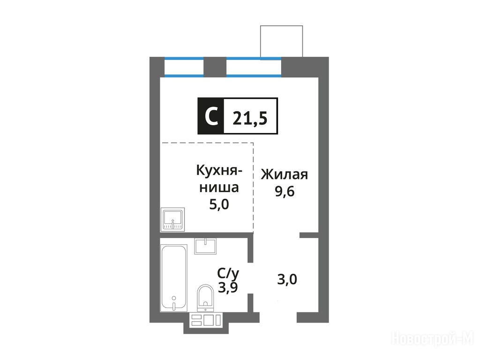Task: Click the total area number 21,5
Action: tap(250, 118)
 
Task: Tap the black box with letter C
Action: tap(211, 116)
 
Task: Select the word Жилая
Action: tap(285, 174)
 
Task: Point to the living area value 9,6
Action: tap(285, 191)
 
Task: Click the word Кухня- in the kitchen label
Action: tap(219, 171)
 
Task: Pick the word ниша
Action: tap(219, 187)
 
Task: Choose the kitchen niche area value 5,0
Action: tap(219, 204)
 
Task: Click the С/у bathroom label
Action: tap(228, 273)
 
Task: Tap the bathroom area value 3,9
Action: tap(228, 287)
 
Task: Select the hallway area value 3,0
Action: tap(287, 279)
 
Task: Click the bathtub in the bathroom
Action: tap(174, 278)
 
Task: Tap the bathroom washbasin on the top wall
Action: tap(205, 247)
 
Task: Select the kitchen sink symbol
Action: tap(172, 219)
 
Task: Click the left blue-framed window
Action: tap(184, 67)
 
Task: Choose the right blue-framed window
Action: tap(254, 67)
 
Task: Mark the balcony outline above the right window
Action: tap(282, 26)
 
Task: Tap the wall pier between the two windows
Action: tap(215, 67)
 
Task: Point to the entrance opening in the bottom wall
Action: tap(278, 317)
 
